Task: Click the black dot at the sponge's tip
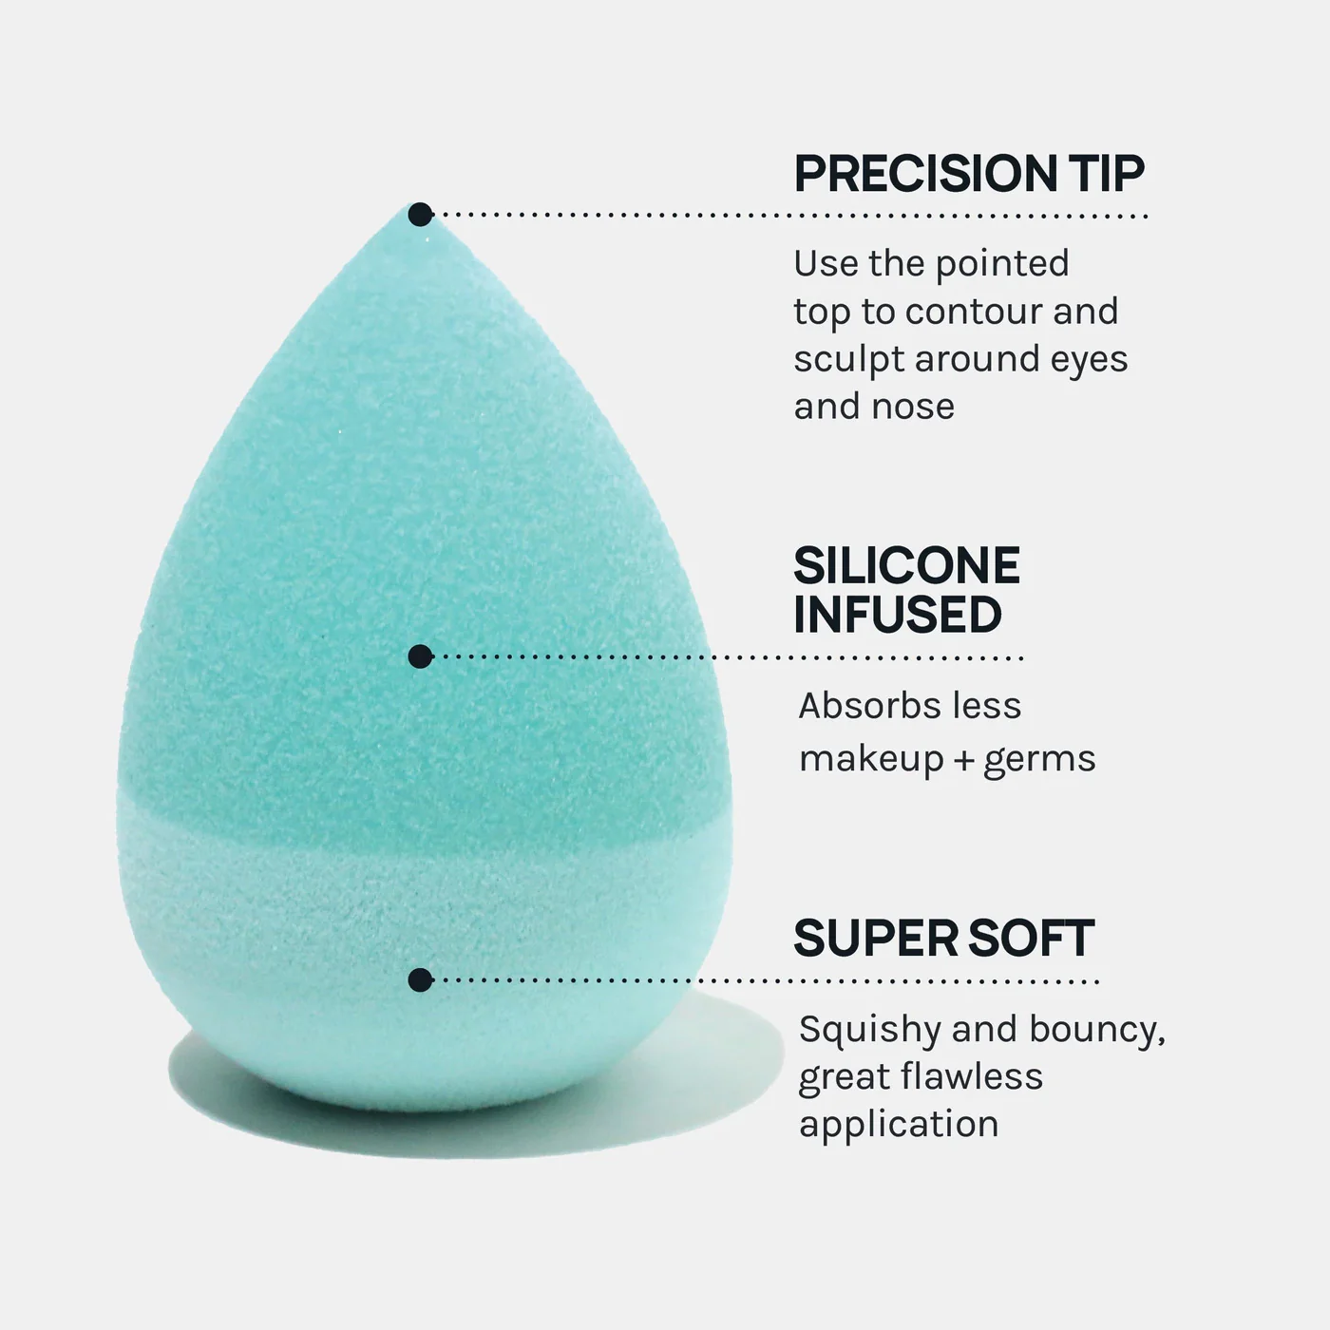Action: coord(420,215)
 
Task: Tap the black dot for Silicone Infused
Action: coord(420,656)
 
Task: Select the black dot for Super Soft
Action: coord(420,980)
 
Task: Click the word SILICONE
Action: coord(907,565)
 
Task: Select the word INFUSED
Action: coord(898,614)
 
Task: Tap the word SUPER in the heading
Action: coord(875,938)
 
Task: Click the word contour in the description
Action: coord(973,312)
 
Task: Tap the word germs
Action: coord(1039,760)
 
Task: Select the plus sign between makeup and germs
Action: coord(962,759)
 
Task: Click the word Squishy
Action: coord(869,1030)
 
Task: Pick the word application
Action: coord(899,1125)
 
